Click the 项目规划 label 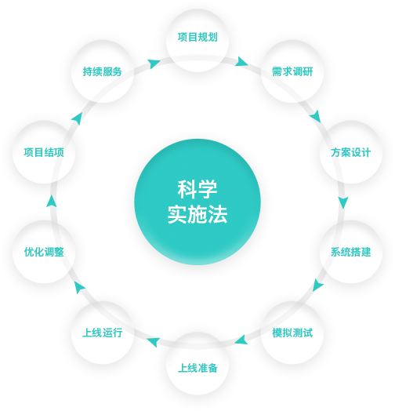pos(197,37)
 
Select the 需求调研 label pos(292,71)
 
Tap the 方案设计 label pos(351,152)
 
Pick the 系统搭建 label pos(351,252)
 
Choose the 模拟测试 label pos(292,333)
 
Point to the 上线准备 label pos(197,368)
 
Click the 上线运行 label pos(103,333)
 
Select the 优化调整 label pos(44,252)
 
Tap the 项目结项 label pos(44,152)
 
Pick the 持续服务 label pos(103,71)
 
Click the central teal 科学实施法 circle pos(197,202)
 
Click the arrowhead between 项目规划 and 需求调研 pos(241,62)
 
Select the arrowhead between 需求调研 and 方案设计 pos(316,116)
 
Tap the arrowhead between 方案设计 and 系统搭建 pos(342,202)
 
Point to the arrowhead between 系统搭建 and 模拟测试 pos(317,286)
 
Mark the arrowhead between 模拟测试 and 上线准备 pos(241,340)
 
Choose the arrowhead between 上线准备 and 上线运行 pos(154,342)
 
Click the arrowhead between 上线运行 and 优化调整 pos(79,287)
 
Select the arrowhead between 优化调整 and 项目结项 pos(52,202)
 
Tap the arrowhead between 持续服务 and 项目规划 pos(154,64)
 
